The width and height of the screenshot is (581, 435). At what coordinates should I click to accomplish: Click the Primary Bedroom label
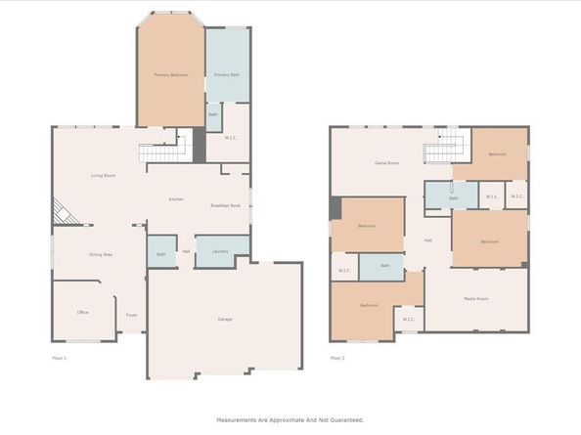(x=170, y=74)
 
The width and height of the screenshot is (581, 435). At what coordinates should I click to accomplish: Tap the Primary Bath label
(x=226, y=74)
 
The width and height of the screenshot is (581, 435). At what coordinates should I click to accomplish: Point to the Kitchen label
(x=176, y=199)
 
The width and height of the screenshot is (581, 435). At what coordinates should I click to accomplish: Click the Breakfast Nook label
(x=226, y=205)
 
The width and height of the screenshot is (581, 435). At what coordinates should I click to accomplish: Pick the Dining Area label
(x=101, y=254)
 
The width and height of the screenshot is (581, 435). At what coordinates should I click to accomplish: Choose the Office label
(x=83, y=313)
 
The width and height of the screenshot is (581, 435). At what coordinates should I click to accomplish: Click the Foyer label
(x=131, y=315)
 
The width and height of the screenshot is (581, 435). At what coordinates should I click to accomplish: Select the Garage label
(x=225, y=320)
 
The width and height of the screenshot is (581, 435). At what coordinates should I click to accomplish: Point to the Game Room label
(x=387, y=163)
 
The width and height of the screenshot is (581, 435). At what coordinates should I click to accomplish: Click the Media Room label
(x=476, y=298)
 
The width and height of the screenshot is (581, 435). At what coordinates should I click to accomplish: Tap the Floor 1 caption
(x=60, y=359)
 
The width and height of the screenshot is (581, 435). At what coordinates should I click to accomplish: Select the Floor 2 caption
(x=337, y=359)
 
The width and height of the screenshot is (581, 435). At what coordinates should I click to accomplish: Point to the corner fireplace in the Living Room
(x=61, y=212)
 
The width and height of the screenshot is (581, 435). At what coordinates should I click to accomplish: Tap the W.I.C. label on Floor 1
(x=231, y=137)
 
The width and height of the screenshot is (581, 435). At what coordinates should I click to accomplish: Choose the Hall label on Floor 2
(x=428, y=240)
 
